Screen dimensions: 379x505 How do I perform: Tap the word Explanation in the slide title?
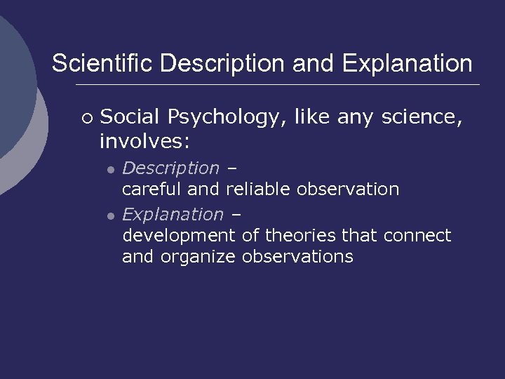pos(407,64)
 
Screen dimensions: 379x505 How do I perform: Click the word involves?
pos(144,141)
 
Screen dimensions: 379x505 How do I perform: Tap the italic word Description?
pos(170,168)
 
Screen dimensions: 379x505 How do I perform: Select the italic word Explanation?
pos(173,214)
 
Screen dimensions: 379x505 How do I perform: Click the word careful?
pos(151,189)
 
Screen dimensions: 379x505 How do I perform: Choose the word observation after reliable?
pos(348,189)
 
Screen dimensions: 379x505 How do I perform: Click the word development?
pos(179,236)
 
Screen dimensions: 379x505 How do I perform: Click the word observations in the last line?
pos(297,256)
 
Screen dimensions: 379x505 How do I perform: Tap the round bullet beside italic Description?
pos(110,170)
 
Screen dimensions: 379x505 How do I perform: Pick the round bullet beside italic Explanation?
pos(110,215)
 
